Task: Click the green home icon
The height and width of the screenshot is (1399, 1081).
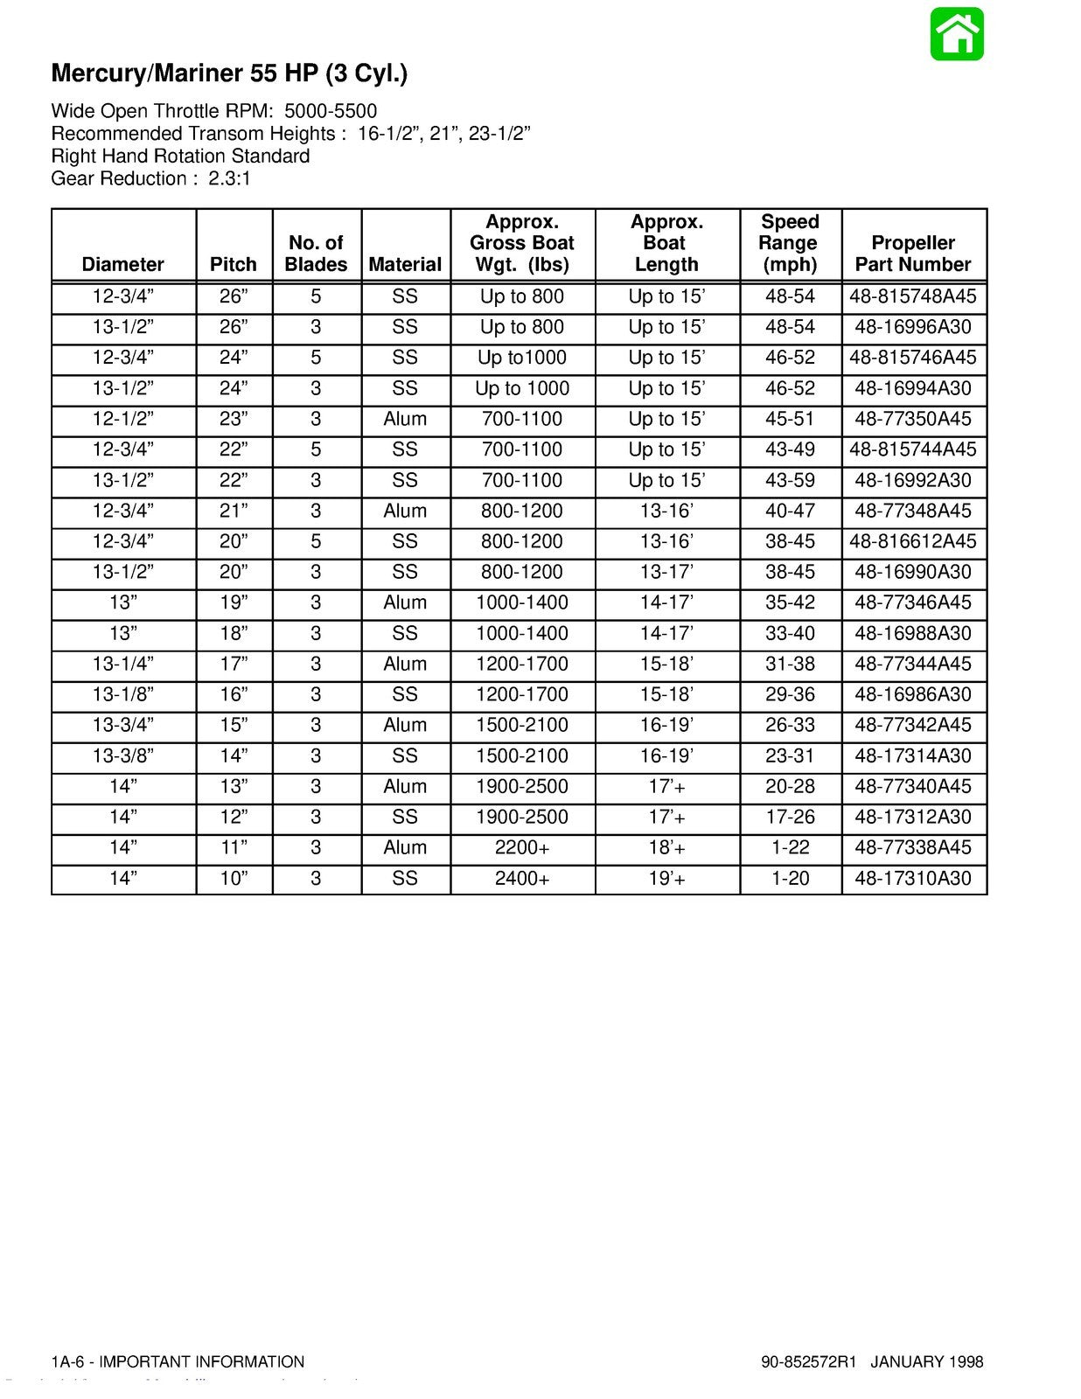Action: click(957, 34)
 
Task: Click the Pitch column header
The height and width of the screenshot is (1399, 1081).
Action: click(234, 264)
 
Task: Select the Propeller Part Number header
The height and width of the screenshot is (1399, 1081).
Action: click(913, 254)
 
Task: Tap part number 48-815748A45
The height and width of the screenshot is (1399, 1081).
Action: click(913, 296)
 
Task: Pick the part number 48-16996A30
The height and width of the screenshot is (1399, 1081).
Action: click(913, 327)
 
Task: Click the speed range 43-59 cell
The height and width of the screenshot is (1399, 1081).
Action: click(790, 480)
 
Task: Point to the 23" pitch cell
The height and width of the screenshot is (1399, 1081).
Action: click(234, 419)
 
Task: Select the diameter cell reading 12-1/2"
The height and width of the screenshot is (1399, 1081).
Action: click(123, 419)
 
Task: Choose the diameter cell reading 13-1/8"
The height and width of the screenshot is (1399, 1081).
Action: click(123, 694)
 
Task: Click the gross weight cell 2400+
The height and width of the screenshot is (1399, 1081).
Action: click(522, 878)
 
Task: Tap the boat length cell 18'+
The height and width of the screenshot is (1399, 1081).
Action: click(666, 847)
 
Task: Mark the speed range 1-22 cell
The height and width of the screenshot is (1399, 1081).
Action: click(790, 847)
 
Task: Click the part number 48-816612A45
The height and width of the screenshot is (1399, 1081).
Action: click(913, 541)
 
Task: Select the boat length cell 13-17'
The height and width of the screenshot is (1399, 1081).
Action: click(666, 572)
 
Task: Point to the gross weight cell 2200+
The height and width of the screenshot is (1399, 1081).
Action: click(522, 847)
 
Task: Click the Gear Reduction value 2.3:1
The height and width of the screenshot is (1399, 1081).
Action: click(230, 178)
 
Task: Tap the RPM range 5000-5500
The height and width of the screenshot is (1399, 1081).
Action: click(331, 111)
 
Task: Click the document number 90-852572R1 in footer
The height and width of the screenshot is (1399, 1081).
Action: click(809, 1361)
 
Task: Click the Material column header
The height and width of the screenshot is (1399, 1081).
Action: click(405, 264)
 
